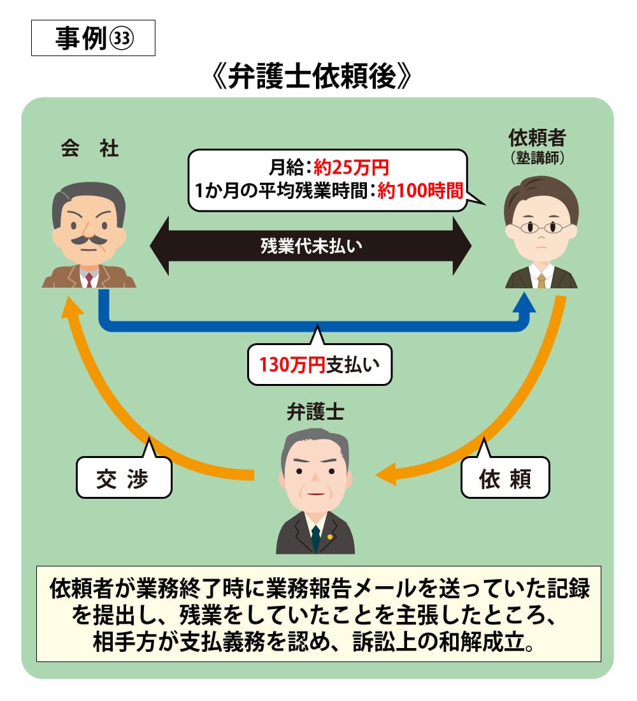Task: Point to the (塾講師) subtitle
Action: click(x=538, y=158)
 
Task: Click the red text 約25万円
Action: click(x=351, y=168)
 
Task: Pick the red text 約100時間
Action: click(x=419, y=191)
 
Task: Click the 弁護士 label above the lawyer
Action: click(x=315, y=413)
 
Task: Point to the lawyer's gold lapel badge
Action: click(x=330, y=536)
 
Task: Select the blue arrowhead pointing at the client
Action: click(x=528, y=305)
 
